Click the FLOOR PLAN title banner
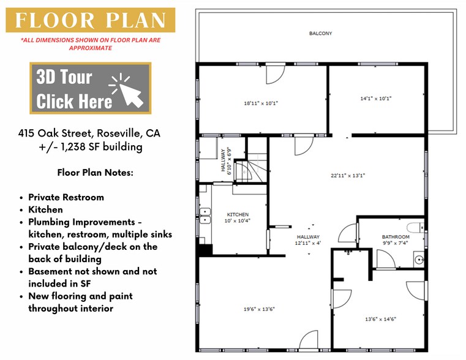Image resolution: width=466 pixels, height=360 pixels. click(x=91, y=20)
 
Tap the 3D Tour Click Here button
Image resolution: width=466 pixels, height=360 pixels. click(x=91, y=88)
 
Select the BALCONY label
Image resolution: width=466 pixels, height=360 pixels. click(x=320, y=34)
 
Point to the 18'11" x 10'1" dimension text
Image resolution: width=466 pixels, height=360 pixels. click(x=261, y=103)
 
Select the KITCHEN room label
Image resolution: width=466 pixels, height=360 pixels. click(x=238, y=214)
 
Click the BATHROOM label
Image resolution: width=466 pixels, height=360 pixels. click(x=395, y=237)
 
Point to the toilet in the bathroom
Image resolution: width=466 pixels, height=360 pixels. click(x=415, y=228)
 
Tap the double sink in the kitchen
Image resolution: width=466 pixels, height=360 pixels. click(x=204, y=216)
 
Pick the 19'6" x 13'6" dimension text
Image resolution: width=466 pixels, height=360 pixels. click(x=259, y=309)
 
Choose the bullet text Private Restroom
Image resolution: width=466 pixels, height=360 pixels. click(x=66, y=197)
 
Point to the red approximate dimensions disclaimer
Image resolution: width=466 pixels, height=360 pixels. click(x=91, y=43)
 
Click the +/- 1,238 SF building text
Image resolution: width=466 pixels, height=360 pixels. click(x=90, y=147)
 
